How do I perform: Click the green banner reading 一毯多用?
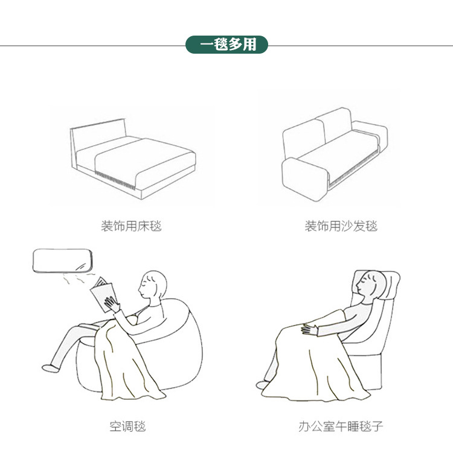tap(226, 45)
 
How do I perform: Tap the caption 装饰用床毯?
tap(131, 226)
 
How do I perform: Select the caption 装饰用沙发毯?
tap(341, 226)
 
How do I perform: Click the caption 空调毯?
tap(127, 426)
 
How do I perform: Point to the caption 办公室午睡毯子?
tap(341, 426)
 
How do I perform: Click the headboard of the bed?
tap(98, 136)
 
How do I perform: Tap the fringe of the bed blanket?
tap(115, 180)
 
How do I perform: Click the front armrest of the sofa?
tap(305, 179)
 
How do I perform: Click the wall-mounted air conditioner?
tap(62, 261)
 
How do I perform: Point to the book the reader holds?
tap(103, 295)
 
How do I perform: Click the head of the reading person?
tap(152, 285)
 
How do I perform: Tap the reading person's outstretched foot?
tap(51, 369)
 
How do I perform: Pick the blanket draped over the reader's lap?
tap(127, 364)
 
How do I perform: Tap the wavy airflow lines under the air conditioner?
tap(79, 278)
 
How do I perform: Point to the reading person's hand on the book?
tap(112, 304)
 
